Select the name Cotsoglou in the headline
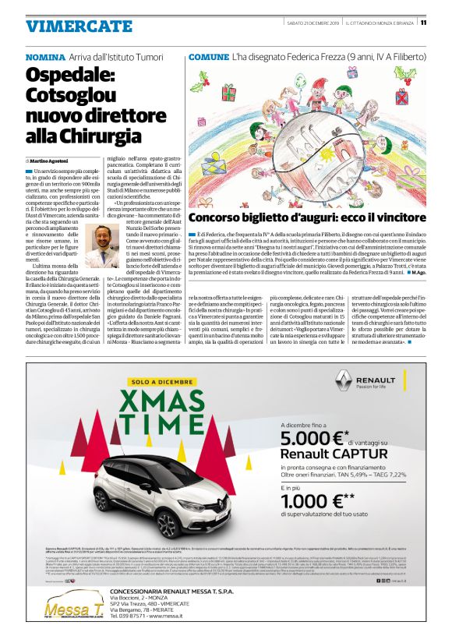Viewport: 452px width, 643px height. [76, 95]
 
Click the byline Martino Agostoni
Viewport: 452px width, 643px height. [54, 159]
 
